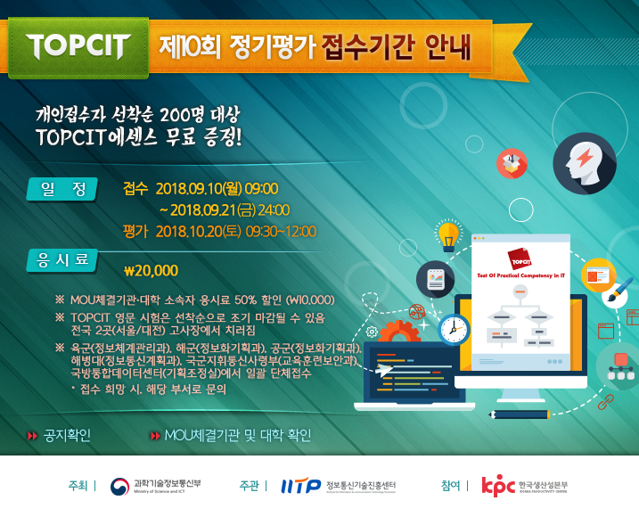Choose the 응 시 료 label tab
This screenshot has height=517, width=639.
pyautogui.click(x=63, y=259)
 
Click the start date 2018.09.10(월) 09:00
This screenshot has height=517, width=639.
pyautogui.click(x=217, y=189)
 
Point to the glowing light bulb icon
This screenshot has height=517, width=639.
pyautogui.click(x=449, y=234)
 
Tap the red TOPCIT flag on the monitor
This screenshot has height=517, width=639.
pyautogui.click(x=521, y=260)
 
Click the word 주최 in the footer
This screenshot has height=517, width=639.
pyautogui.click(x=78, y=486)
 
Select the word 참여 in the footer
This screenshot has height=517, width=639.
pyautogui.click(x=450, y=486)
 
